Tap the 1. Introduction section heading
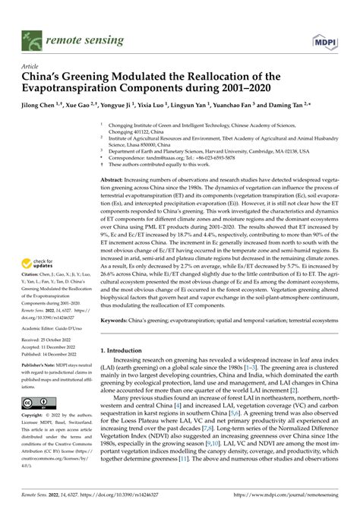point(125,349)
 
